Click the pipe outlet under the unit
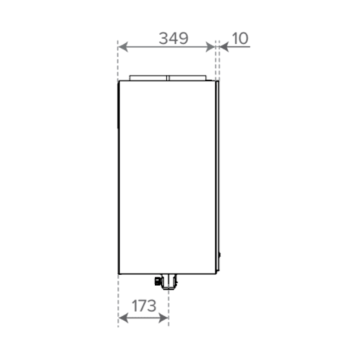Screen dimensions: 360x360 [x=169, y=281]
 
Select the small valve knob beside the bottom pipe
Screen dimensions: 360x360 [x=157, y=281]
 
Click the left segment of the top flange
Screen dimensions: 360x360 [x=148, y=78]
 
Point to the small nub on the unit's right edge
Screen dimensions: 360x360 [x=219, y=256]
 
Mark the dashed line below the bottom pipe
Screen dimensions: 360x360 [x=169, y=310]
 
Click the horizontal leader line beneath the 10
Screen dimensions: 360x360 [x=235, y=46]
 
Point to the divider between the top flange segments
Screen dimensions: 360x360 [x=168, y=78]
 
